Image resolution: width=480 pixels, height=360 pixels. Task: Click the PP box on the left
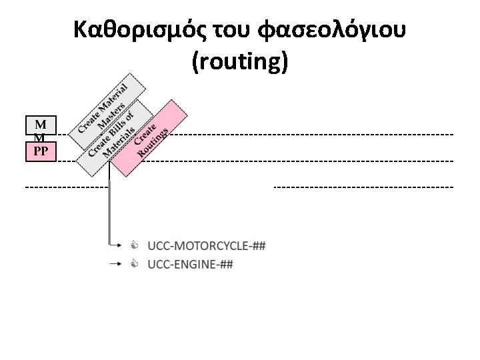point(41,152)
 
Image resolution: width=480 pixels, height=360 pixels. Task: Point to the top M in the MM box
point(41,125)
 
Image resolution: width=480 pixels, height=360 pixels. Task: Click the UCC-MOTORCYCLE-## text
point(207,246)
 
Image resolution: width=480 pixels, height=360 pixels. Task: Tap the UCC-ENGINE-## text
point(190,264)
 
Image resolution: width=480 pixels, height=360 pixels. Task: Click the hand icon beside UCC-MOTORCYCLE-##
point(134,245)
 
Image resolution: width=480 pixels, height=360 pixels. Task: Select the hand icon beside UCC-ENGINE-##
point(134,264)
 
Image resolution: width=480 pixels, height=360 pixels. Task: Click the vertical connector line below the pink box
point(109,207)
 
